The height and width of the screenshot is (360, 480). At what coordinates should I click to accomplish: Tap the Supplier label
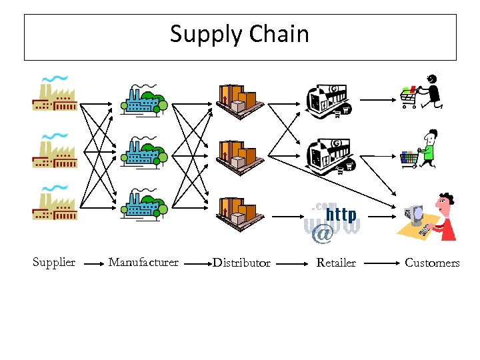pyautogui.click(x=54, y=263)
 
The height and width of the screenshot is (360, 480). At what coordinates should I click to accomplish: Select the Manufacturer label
pyautogui.click(x=143, y=263)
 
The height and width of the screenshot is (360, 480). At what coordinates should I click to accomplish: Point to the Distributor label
pyautogui.click(x=241, y=263)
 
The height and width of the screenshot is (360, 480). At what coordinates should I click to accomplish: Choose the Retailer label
pyautogui.click(x=336, y=263)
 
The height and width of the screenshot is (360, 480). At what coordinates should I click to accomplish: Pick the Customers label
pyautogui.click(x=432, y=263)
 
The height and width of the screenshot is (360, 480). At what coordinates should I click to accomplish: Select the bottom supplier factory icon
pyautogui.click(x=55, y=204)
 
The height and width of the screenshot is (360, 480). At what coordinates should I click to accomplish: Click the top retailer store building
pyautogui.click(x=327, y=99)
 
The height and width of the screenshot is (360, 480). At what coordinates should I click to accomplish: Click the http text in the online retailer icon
pyautogui.click(x=341, y=215)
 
